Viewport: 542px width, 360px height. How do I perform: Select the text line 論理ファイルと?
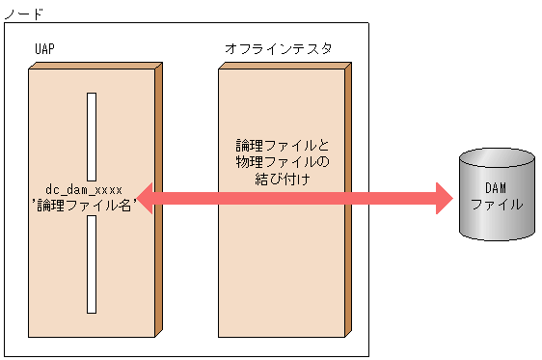pyautogui.click(x=283, y=145)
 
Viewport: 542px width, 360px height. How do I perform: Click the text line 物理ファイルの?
pyautogui.click(x=282, y=161)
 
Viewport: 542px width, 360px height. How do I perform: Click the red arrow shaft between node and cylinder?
pyautogui.click(x=395, y=198)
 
